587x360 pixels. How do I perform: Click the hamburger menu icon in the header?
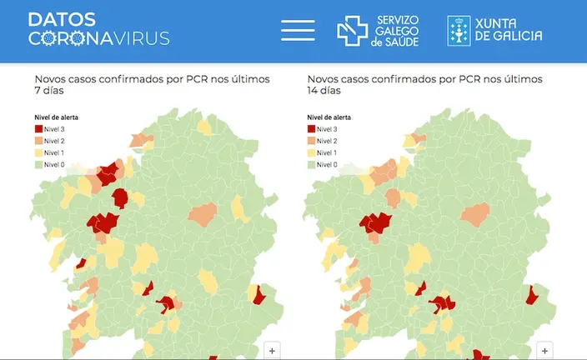298,30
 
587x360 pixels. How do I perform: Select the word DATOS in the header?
62,19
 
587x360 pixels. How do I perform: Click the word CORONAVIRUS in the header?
99,38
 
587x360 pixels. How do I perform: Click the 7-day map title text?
152,85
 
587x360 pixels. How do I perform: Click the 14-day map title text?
425,85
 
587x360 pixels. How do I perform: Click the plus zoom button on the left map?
272,351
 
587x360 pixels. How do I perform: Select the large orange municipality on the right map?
475,215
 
